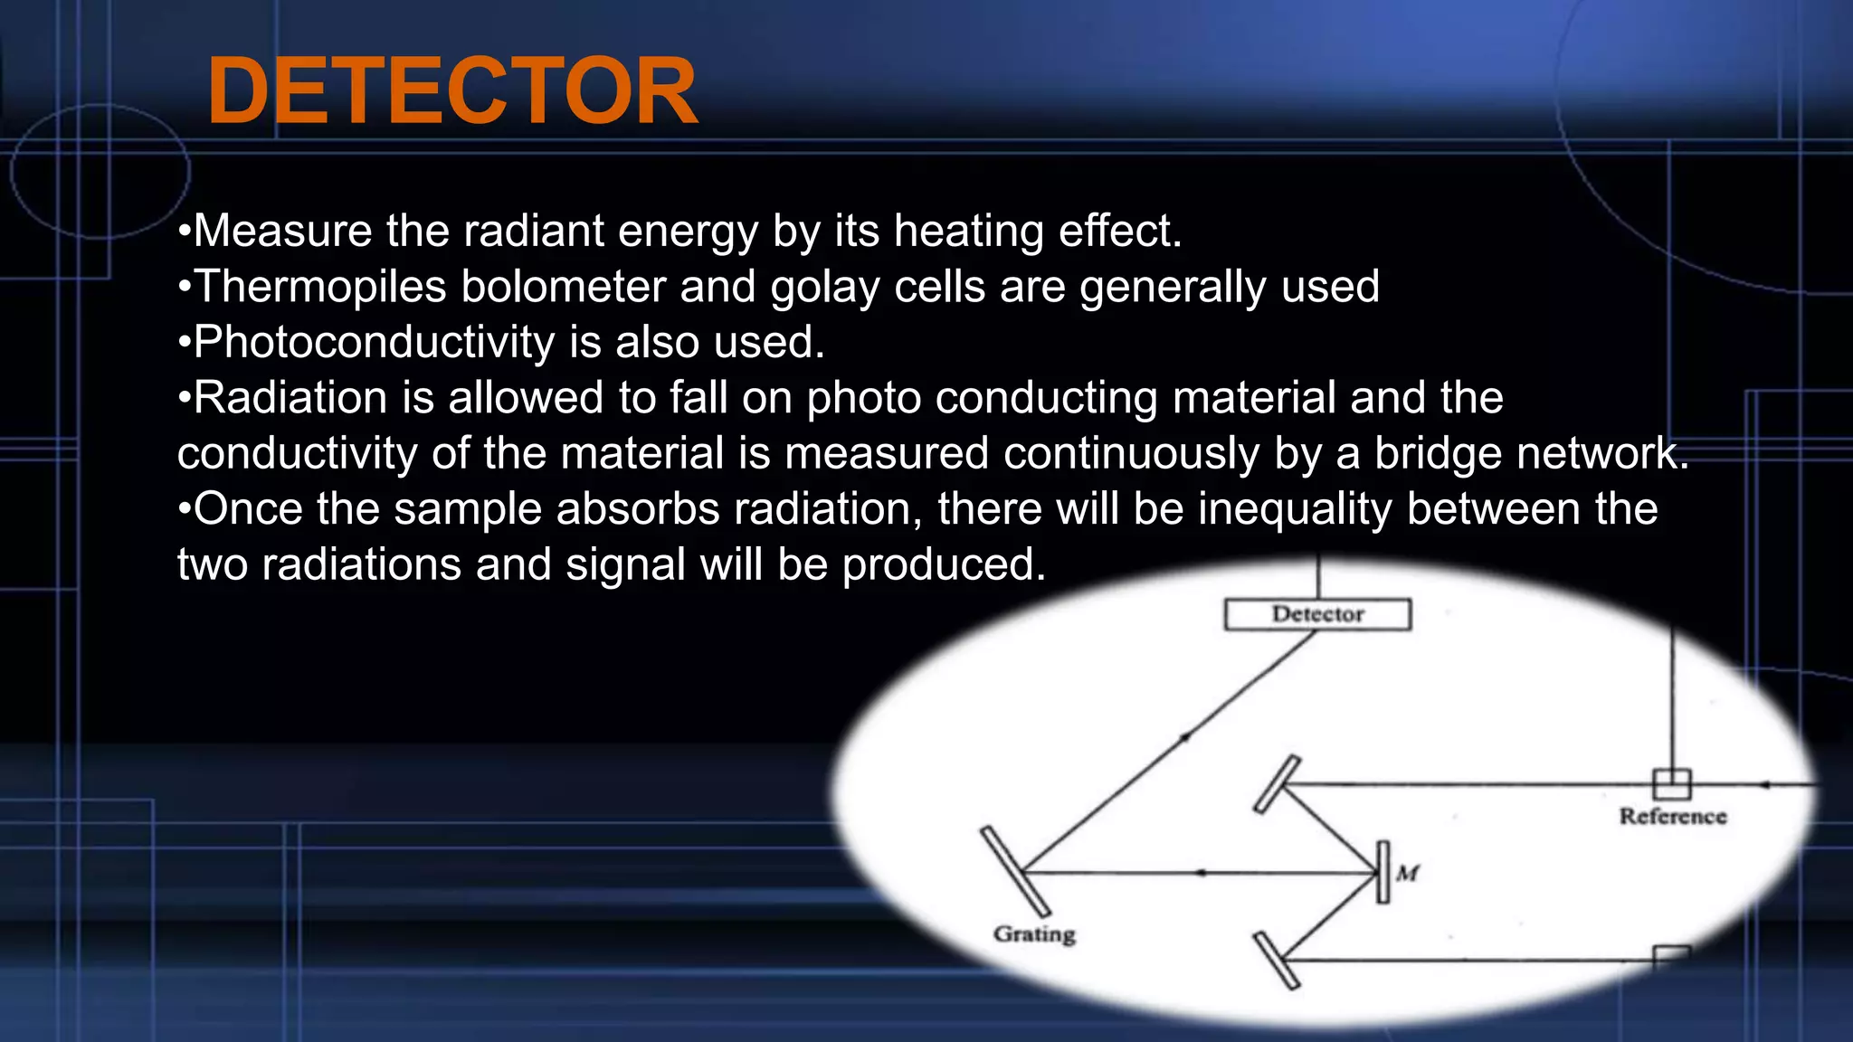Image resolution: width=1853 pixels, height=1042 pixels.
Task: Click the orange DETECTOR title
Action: click(x=452, y=91)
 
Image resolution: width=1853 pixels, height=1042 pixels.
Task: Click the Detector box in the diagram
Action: click(x=1317, y=614)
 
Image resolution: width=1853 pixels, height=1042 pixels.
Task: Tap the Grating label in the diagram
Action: click(x=1034, y=933)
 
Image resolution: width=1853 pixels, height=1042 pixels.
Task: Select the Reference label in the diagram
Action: click(x=1673, y=817)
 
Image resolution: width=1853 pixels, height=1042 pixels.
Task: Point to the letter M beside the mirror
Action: click(x=1408, y=873)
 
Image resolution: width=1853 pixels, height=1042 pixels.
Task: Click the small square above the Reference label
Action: click(x=1672, y=783)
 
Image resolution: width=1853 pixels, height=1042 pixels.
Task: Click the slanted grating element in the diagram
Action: click(x=1015, y=870)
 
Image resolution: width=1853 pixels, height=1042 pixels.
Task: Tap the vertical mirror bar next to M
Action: click(x=1383, y=872)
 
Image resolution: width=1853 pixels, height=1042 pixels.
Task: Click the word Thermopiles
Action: click(x=320, y=287)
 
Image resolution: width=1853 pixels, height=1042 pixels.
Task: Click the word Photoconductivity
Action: click(x=374, y=343)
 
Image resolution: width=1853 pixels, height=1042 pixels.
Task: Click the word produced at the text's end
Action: click(x=944, y=565)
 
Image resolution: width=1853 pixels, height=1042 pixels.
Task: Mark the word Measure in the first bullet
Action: click(x=282, y=232)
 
